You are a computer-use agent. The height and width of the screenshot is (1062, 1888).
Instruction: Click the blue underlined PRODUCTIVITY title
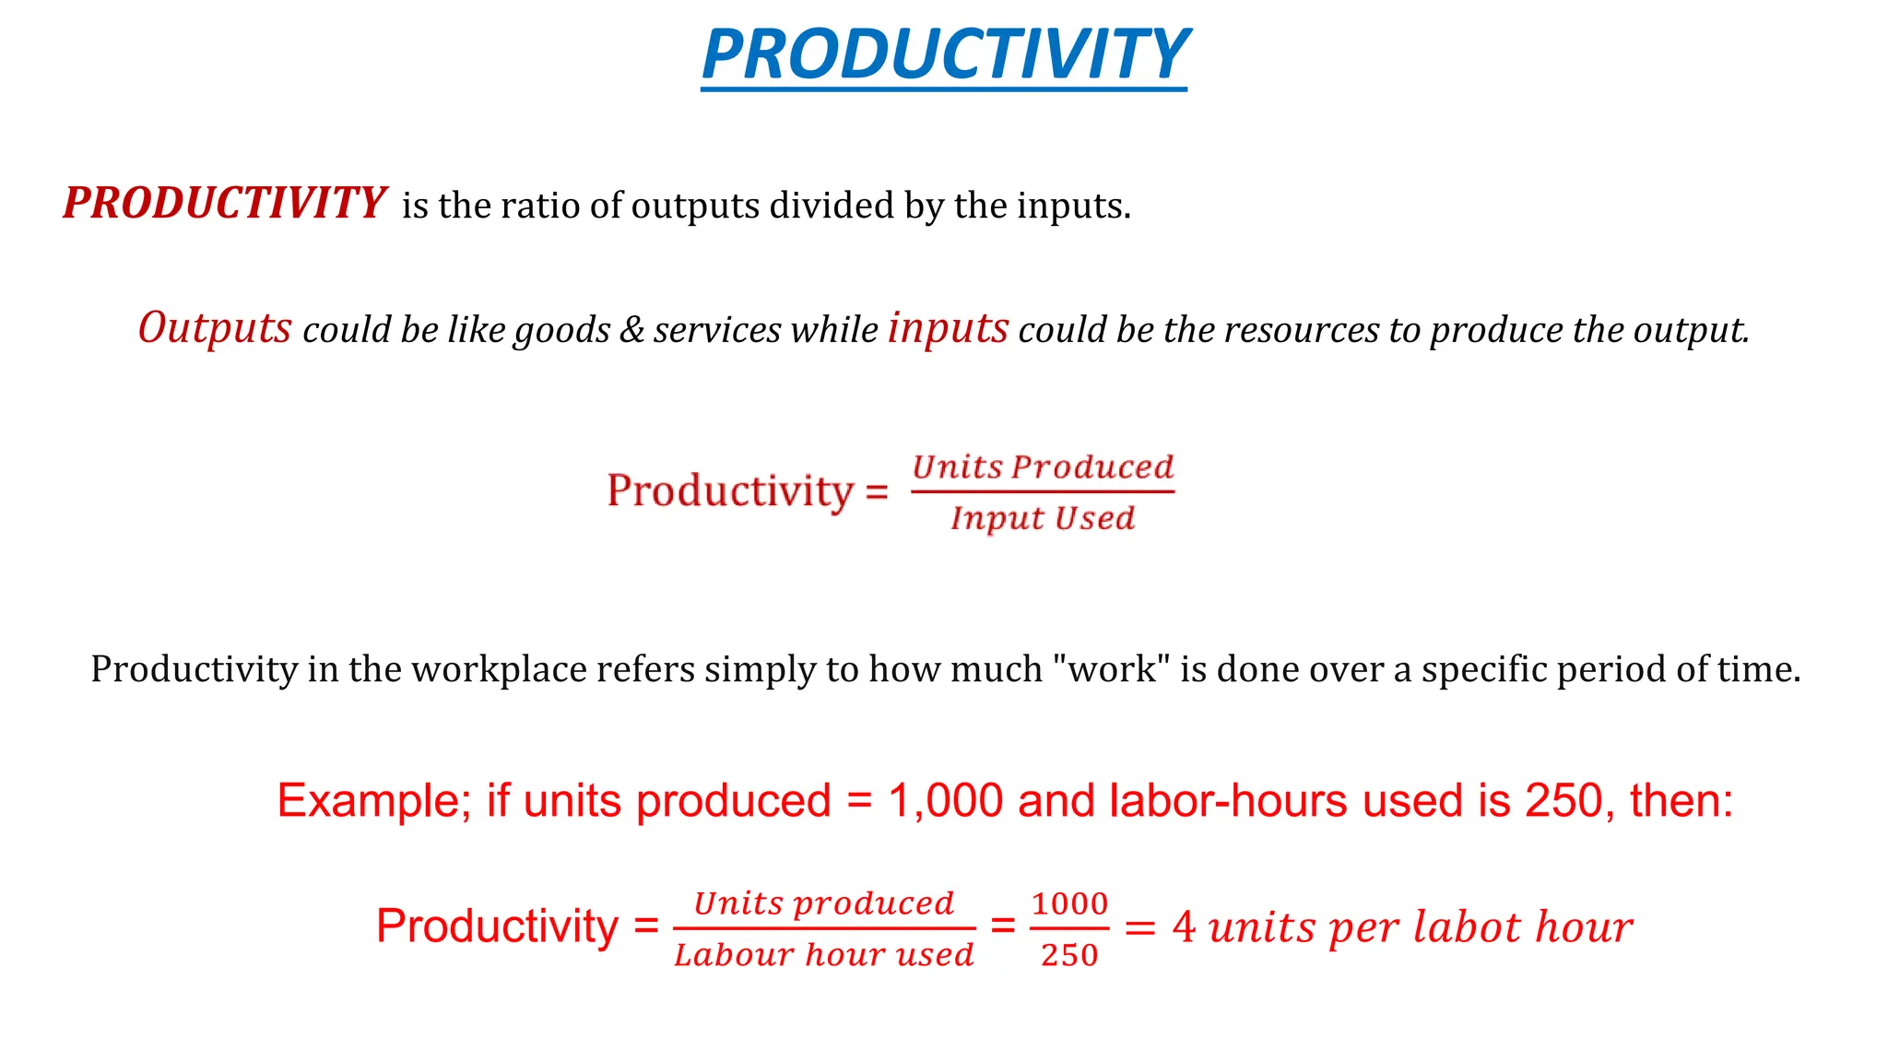point(944,54)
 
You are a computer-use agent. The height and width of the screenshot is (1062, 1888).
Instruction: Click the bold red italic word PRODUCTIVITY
point(223,204)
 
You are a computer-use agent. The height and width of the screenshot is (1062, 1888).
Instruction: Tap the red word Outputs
point(215,328)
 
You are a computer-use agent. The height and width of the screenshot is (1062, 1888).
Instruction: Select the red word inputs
point(948,328)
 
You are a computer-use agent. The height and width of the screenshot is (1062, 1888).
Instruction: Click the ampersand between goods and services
point(631,330)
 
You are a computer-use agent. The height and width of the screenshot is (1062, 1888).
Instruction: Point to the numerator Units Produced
point(1043,467)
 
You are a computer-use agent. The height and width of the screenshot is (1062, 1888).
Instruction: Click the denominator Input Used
point(1043,518)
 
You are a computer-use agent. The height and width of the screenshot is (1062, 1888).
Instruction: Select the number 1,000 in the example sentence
point(945,800)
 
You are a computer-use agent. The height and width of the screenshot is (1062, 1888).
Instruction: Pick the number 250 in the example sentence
point(1568,800)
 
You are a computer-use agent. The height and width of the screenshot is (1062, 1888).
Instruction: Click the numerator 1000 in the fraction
point(1069,903)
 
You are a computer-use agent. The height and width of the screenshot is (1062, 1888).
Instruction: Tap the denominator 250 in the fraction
point(1069,955)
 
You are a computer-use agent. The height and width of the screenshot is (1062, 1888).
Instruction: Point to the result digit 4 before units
point(1184,927)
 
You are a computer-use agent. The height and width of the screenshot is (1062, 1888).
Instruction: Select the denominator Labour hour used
point(823,955)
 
